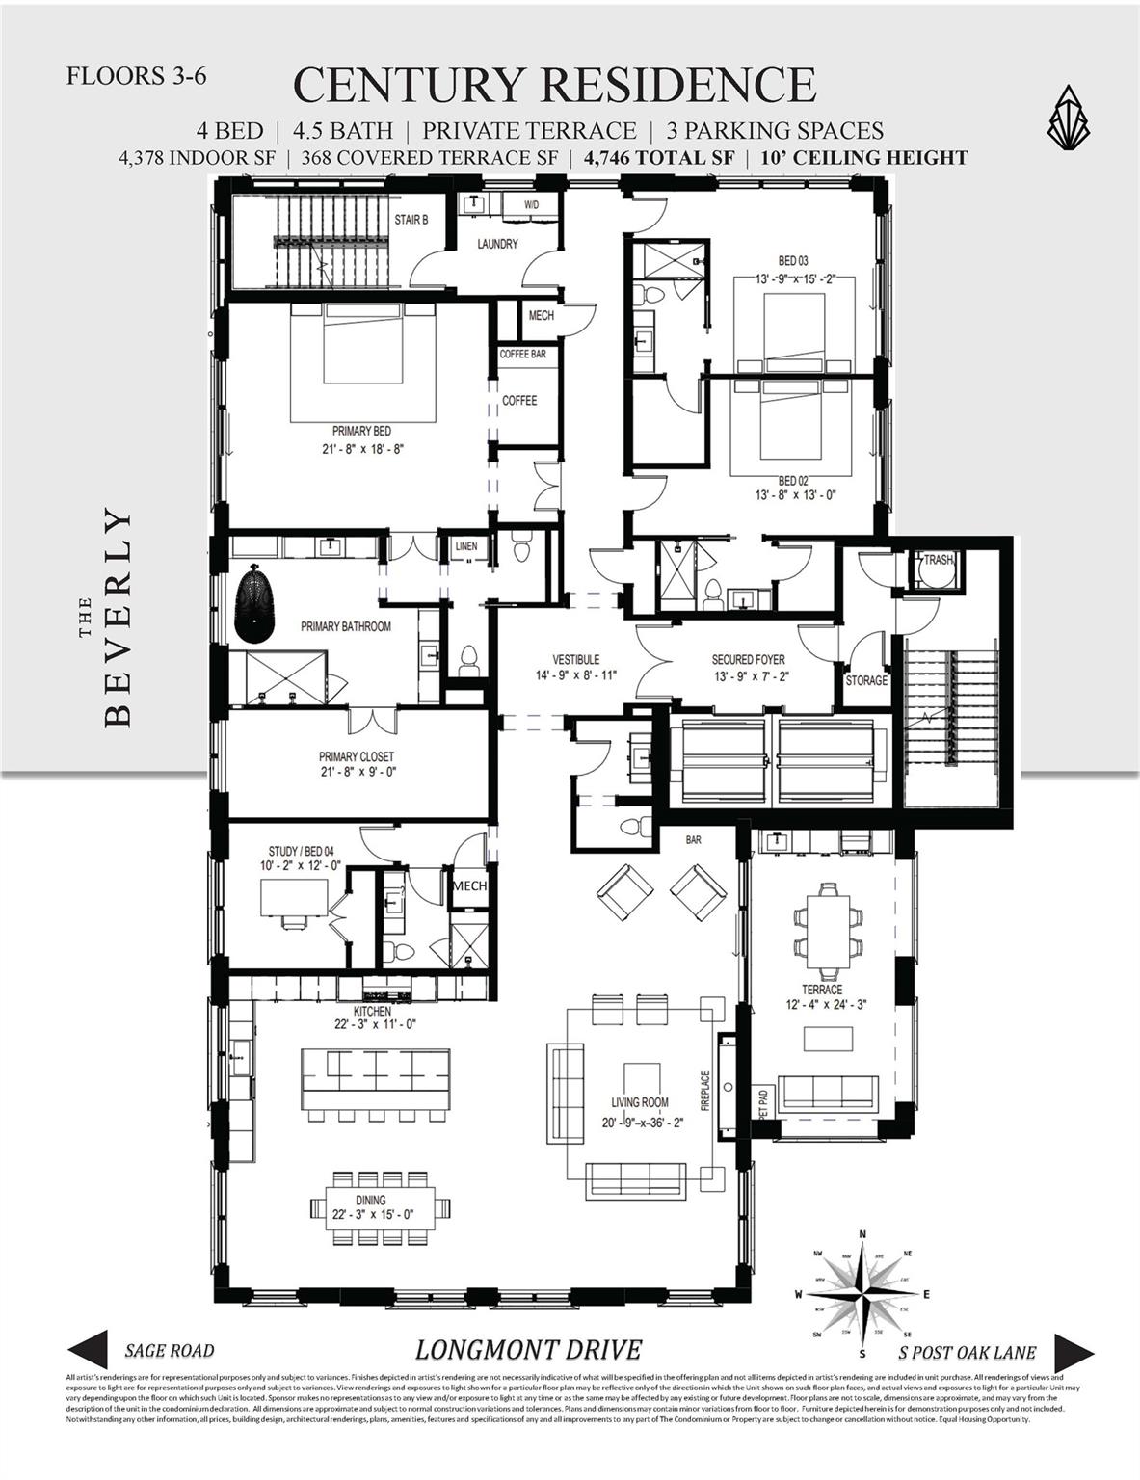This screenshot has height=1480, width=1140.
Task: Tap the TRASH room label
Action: (x=938, y=560)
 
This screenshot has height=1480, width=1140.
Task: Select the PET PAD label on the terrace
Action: (x=763, y=1103)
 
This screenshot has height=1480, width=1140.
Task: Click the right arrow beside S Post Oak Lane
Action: (x=1072, y=1350)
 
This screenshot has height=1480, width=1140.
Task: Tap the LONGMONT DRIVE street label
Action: (x=528, y=1350)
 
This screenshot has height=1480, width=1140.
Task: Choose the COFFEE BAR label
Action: (x=522, y=355)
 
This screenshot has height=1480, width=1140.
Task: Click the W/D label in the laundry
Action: (x=532, y=206)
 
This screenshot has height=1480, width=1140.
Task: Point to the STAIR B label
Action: (x=411, y=220)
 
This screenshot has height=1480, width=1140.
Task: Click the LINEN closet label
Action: (x=465, y=546)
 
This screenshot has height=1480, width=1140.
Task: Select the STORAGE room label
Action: (x=866, y=680)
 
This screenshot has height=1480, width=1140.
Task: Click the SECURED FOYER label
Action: (x=748, y=660)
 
